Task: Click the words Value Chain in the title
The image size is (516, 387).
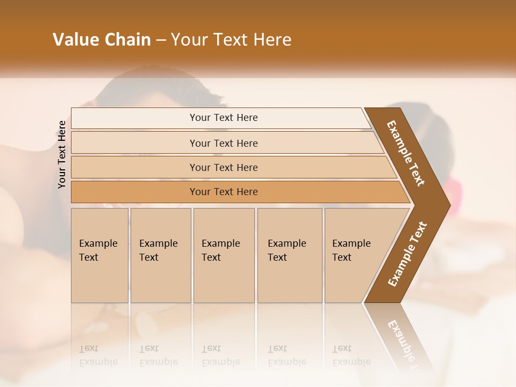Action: (x=102, y=40)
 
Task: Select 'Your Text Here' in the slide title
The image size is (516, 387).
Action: (x=231, y=40)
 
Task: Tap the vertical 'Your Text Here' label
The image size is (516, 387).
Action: (x=62, y=154)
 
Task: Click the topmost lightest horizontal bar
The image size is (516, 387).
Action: (x=223, y=118)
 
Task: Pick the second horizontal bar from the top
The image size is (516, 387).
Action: (x=223, y=143)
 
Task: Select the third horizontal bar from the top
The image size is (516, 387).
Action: (x=223, y=167)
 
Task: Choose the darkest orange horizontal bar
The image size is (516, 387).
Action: (x=223, y=192)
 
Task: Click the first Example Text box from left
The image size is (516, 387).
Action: (x=99, y=255)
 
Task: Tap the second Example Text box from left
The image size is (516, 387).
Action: (x=160, y=255)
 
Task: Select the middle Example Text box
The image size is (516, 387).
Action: (x=224, y=255)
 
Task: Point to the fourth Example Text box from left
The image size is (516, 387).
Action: (x=289, y=255)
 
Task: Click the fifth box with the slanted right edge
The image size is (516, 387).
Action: (x=355, y=255)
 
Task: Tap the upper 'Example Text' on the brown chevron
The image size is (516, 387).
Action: (x=406, y=153)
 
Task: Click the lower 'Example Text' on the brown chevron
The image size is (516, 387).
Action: (x=407, y=254)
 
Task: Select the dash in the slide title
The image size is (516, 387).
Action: (x=161, y=40)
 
